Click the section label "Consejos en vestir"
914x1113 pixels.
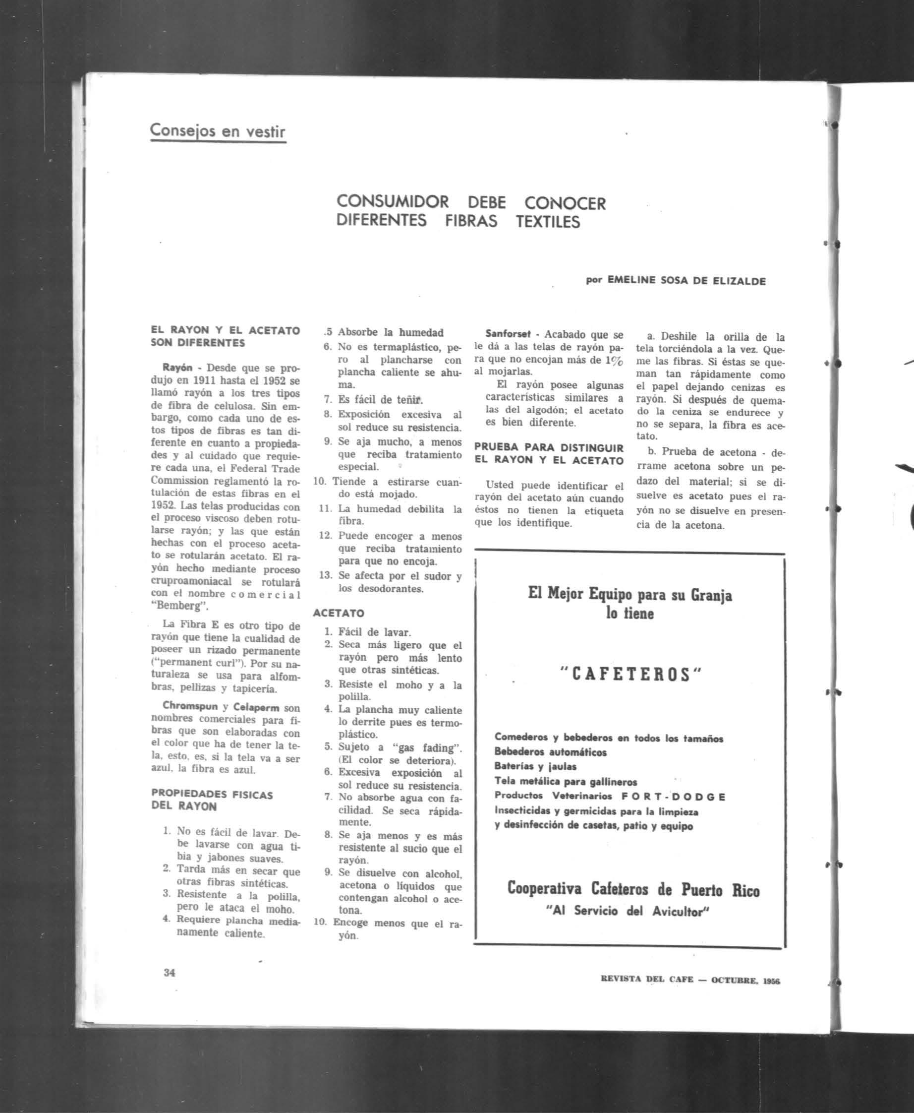(218, 130)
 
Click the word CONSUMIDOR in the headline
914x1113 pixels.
(392, 202)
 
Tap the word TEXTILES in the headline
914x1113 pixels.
(548, 221)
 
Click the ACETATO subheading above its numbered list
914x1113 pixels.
(338, 613)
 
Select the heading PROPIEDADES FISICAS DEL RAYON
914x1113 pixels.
(212, 800)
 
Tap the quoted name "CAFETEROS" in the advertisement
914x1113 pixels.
(629, 675)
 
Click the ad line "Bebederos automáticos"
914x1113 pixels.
(550, 752)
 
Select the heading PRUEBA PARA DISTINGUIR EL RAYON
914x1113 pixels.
(549, 453)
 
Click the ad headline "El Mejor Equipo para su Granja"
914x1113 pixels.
(629, 595)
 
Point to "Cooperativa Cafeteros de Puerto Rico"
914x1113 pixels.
(633, 890)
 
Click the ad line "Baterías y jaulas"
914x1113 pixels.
(535, 766)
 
